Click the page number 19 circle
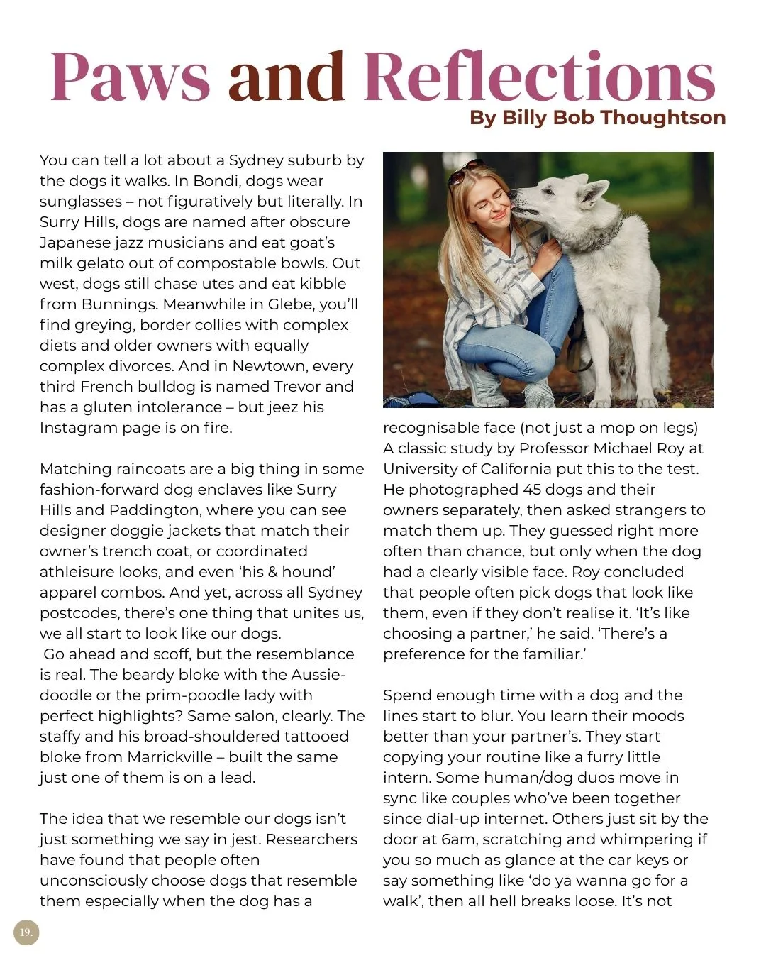tap(26, 932)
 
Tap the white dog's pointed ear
tap(594, 190)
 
